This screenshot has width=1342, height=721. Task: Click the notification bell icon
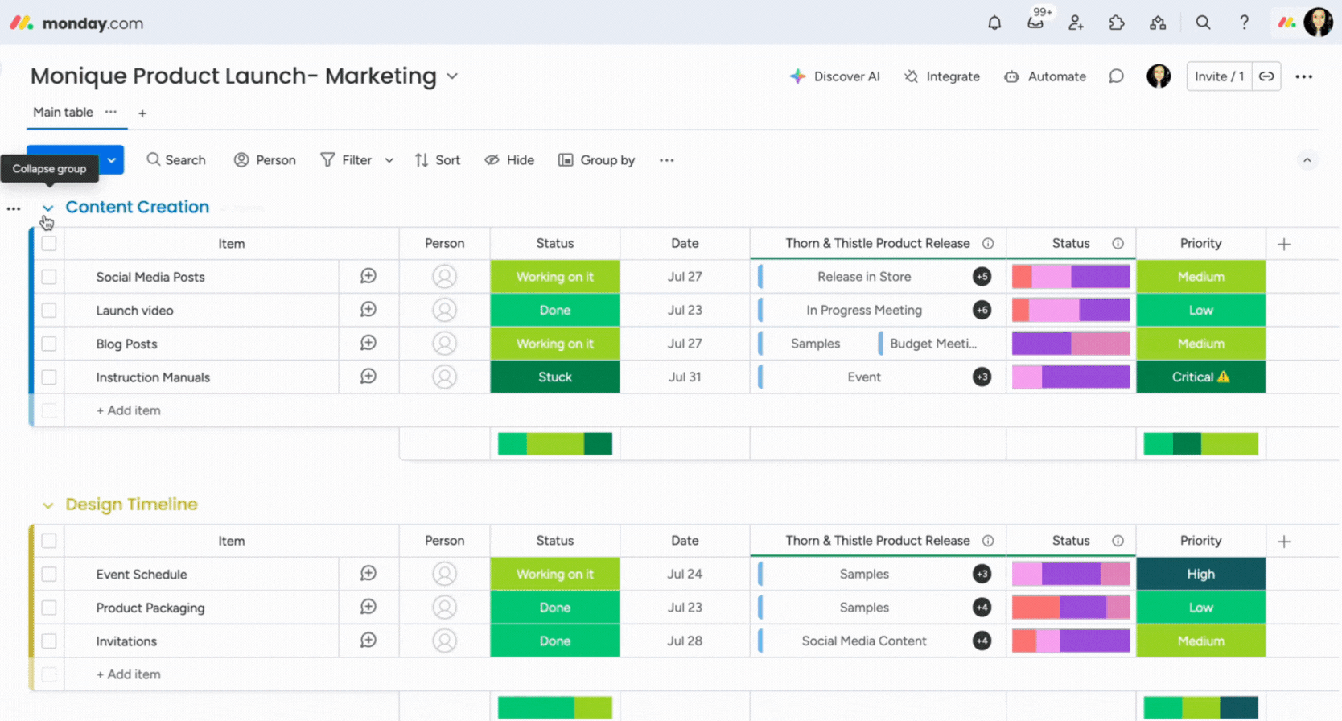[994, 23]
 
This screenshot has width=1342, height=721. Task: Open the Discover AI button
[835, 76]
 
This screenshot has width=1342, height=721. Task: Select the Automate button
[1045, 76]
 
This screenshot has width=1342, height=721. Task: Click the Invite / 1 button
[1218, 76]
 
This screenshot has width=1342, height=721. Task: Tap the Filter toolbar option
[347, 160]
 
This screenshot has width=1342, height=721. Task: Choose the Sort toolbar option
[438, 160]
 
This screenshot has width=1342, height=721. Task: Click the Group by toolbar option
[597, 160]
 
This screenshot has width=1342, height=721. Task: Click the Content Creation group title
[137, 207]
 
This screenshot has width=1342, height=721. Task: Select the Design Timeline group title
[131, 505]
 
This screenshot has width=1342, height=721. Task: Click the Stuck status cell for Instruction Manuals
[555, 377]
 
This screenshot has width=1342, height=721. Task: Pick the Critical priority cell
[1200, 377]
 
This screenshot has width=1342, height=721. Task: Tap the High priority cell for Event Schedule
[1200, 574]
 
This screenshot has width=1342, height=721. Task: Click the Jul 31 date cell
[685, 377]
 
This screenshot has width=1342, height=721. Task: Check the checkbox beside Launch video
[49, 310]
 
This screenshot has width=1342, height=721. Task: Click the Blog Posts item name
[126, 344]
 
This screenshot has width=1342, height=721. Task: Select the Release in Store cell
[864, 277]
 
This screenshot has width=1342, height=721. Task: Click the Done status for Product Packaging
[555, 608]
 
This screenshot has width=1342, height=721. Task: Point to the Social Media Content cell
[864, 641]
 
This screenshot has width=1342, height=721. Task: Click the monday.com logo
[76, 23]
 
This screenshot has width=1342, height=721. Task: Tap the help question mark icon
[1244, 23]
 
